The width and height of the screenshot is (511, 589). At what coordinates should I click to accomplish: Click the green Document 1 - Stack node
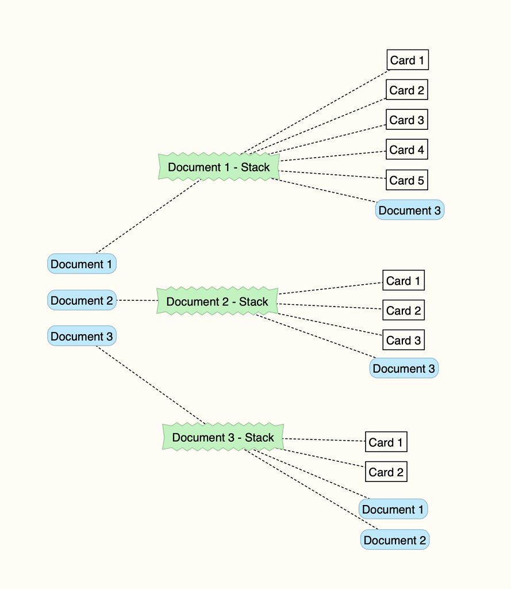tap(218, 167)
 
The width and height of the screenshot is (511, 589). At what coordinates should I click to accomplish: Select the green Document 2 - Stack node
tap(217, 301)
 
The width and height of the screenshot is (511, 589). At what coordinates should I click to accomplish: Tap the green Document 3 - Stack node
tap(223, 438)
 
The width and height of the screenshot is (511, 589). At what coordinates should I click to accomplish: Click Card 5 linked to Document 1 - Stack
tap(406, 180)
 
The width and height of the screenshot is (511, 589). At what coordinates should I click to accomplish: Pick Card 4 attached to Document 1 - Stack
tap(406, 150)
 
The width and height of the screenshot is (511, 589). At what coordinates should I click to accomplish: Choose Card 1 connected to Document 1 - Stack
tap(407, 60)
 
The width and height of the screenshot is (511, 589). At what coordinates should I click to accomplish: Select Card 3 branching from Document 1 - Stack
tap(406, 120)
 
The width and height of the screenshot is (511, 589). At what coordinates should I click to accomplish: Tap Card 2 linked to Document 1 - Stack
tap(406, 90)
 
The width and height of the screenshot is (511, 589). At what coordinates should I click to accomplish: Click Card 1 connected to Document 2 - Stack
tap(403, 281)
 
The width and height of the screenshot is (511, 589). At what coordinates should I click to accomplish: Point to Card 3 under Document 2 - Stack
tap(404, 340)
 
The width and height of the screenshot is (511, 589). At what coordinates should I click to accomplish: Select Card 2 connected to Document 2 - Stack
tap(404, 311)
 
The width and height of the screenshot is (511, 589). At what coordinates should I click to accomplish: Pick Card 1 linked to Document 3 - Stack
tap(386, 442)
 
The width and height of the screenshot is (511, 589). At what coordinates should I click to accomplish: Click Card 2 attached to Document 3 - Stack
tap(386, 472)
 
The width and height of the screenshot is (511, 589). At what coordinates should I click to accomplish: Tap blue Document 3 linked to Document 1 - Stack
tap(409, 211)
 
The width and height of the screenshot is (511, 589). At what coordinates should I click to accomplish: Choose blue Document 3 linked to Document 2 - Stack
tap(404, 369)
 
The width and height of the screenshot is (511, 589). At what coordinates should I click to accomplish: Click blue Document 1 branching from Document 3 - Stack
tap(393, 510)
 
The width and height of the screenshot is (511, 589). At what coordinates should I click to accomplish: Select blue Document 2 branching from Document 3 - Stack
tap(394, 540)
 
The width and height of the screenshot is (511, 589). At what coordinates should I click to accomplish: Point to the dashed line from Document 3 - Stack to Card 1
tap(325, 440)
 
